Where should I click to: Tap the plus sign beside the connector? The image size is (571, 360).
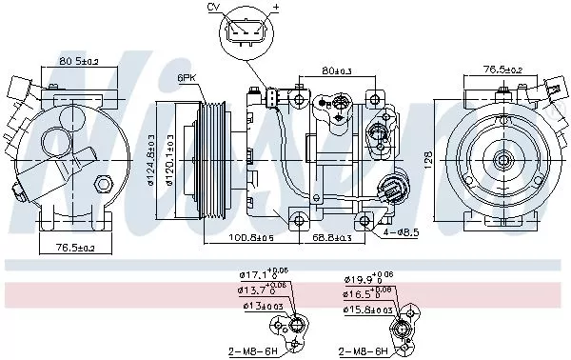(276, 8)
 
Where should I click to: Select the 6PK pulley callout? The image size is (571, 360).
(187, 77)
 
